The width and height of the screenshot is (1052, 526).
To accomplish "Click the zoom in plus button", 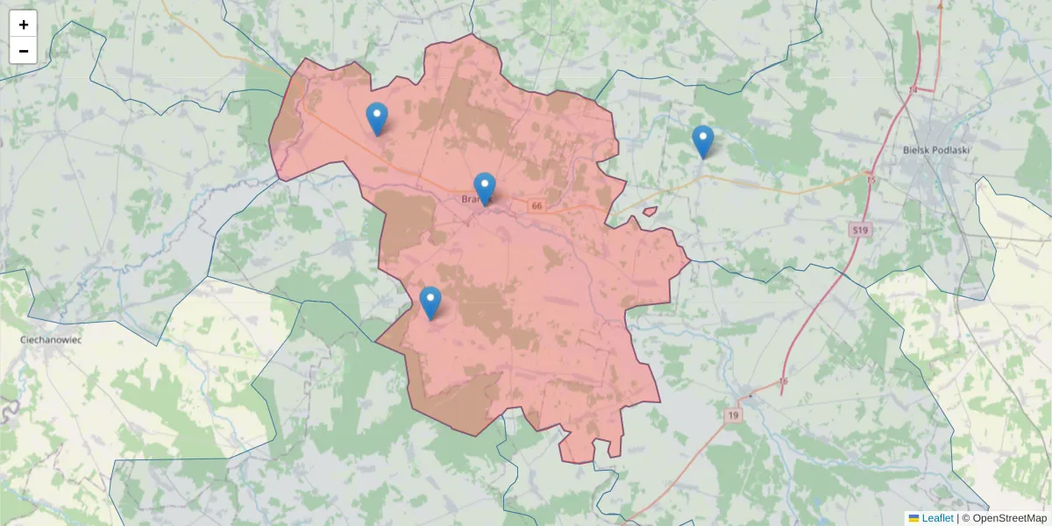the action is (x=24, y=25).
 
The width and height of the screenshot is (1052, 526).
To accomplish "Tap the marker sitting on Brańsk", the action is (x=484, y=188).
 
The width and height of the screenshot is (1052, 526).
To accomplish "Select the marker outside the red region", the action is (x=702, y=141).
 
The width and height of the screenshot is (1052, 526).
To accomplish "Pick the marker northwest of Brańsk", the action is (x=376, y=118).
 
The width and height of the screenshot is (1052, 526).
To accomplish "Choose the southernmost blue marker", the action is (x=430, y=302).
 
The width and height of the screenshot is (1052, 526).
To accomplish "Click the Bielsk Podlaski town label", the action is (x=936, y=150).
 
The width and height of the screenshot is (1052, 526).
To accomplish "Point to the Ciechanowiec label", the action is (x=51, y=338).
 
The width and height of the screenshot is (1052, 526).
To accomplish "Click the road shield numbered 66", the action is (x=537, y=206).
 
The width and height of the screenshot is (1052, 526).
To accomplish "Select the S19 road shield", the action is (x=859, y=231).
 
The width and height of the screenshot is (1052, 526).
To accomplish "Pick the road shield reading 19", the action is (x=733, y=414).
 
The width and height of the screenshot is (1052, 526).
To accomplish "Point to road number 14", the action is (x=913, y=90).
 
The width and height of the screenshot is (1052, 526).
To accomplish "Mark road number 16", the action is (x=783, y=380).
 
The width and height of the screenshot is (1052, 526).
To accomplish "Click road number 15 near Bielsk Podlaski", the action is (x=870, y=180).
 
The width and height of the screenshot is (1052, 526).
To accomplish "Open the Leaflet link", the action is (x=937, y=518).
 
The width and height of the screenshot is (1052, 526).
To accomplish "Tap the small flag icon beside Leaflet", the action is (x=913, y=518).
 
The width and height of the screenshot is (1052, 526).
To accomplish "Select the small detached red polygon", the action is (x=650, y=210).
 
